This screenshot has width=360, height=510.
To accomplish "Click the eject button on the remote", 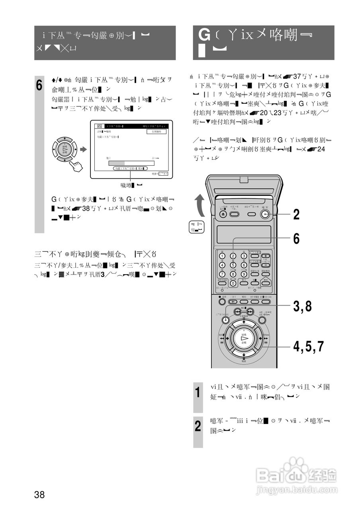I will point(223,214).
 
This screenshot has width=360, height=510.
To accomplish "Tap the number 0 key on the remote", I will point(233,283).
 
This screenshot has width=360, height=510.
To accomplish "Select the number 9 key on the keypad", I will point(244,274).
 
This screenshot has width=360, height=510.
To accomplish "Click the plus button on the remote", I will point(266,256).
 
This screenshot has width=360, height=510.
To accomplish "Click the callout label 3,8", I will point(302,306).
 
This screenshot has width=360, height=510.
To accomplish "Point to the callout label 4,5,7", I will point(309,346).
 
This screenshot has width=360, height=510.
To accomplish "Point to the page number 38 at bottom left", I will point(39,495).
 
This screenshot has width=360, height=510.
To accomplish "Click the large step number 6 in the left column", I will point(39,86).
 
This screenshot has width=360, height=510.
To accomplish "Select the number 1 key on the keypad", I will point(222,256).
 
